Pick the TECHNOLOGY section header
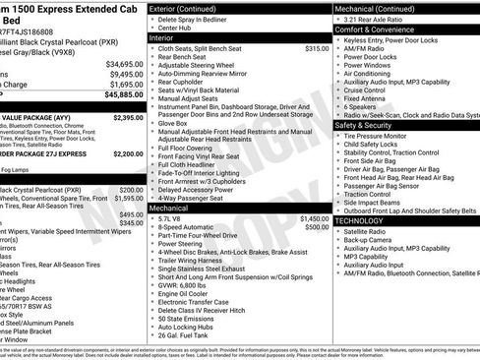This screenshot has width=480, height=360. tap(359, 220)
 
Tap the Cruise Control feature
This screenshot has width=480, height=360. tap(367, 90)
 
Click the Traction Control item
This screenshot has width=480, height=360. tap(368, 194)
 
